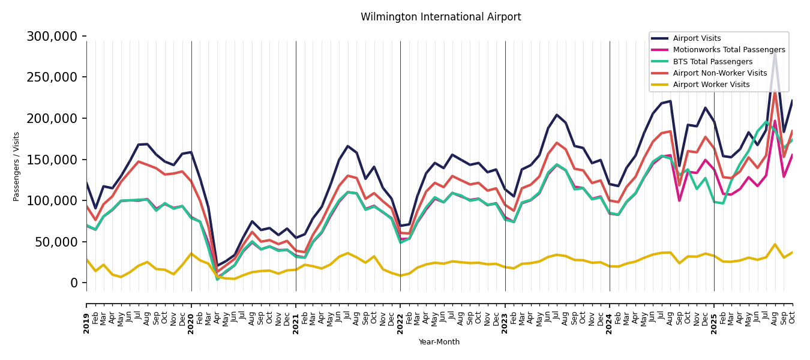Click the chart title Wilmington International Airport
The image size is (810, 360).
pyautogui.click(x=440, y=17)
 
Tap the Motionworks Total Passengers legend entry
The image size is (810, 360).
pyautogui.click(x=728, y=50)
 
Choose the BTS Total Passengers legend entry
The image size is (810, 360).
pyautogui.click(x=712, y=62)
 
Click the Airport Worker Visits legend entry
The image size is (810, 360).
pyautogui.click(x=711, y=85)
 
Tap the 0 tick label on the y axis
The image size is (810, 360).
pyautogui.click(x=74, y=283)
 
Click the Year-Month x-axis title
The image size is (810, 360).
pyautogui.click(x=439, y=342)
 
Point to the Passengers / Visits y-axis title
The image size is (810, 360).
pyautogui.click(x=17, y=166)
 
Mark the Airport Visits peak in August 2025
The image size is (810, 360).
pyautogui.click(x=775, y=53)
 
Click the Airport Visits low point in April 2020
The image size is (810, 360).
pyautogui.click(x=217, y=266)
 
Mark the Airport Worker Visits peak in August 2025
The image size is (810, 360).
pyautogui.click(x=775, y=244)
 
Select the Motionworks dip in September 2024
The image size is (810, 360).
pyautogui.click(x=679, y=200)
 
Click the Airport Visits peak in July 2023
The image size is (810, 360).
pyautogui.click(x=557, y=115)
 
